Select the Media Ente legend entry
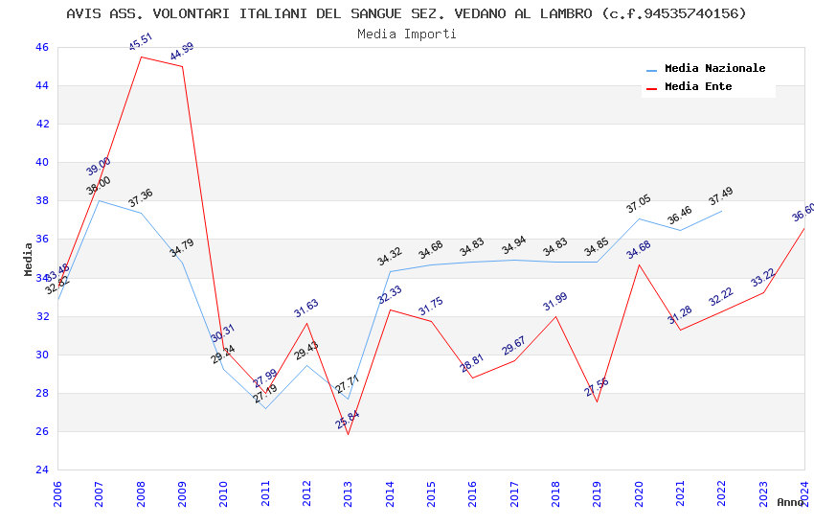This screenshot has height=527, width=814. point(698,86)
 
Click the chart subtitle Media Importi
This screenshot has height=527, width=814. point(407,34)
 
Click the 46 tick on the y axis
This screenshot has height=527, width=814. point(41,47)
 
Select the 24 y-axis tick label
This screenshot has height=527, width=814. point(41,470)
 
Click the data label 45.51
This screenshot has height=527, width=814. point(141,42)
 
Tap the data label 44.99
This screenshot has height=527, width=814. point(182,52)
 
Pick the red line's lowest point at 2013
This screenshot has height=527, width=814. point(348,435)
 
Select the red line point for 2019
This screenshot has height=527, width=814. point(597,401)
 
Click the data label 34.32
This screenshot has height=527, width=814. point(390,257)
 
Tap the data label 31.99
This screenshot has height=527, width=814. point(555,302)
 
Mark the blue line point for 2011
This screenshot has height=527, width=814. point(265,408)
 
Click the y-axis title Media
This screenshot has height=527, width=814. point(29,259)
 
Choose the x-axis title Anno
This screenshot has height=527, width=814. point(790,502)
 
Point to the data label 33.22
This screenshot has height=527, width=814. point(763,278)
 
